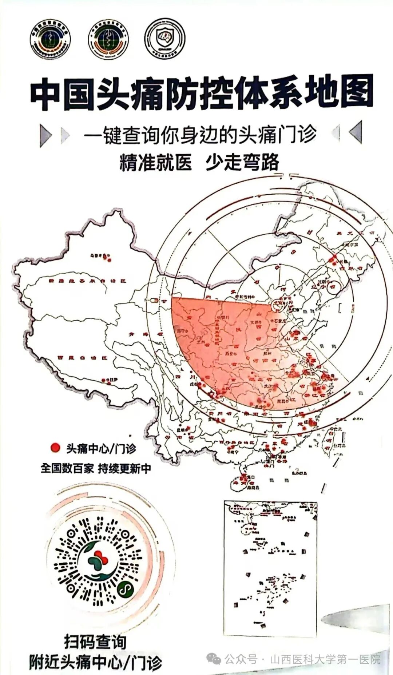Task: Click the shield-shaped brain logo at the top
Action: point(165,40)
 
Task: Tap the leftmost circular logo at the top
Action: point(50,40)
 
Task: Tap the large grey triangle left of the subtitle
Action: point(45,135)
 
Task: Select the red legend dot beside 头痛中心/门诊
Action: point(55,448)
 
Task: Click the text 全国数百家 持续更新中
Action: point(95,468)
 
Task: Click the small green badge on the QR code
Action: point(126,589)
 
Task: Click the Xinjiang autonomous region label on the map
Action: point(87,281)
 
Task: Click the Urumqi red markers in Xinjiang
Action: point(108,259)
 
